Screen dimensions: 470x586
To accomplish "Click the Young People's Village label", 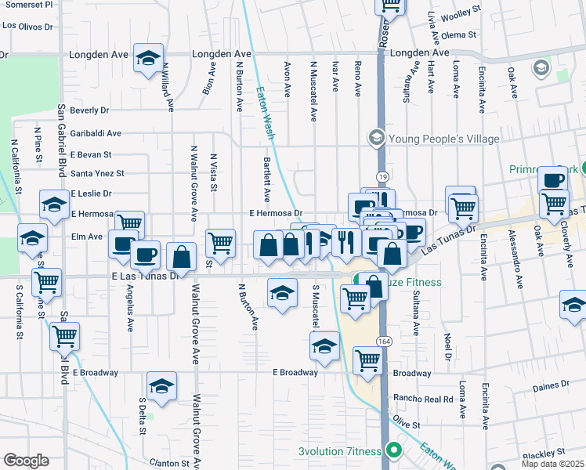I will tap(444, 139).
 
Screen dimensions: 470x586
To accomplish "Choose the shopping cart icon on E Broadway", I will tap(367, 360).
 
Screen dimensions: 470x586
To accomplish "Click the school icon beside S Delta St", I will tap(161, 387).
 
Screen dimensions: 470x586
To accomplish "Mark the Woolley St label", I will tap(461, 16).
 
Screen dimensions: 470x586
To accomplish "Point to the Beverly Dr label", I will tap(89, 111).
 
